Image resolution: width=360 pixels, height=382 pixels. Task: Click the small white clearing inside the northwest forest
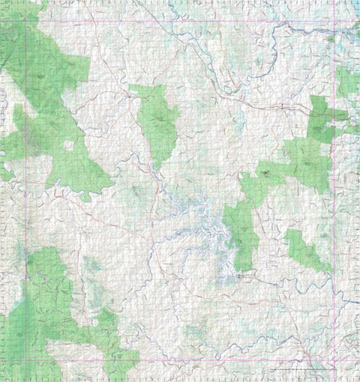pyautogui.click(x=69, y=145)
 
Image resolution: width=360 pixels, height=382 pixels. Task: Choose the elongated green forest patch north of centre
pyautogui.click(x=157, y=124)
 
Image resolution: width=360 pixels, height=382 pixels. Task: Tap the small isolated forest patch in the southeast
pyautogui.click(x=304, y=251)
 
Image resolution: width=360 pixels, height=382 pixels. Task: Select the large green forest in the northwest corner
pyautogui.click(x=45, y=82)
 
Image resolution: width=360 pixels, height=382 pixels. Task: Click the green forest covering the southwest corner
pyautogui.click(x=45, y=315)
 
